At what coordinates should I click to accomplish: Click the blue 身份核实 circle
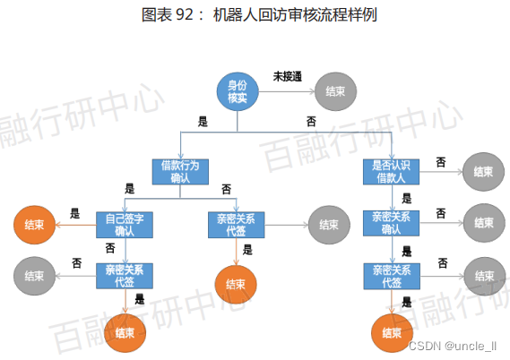[238, 91]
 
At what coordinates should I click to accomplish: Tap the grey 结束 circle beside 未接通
[337, 91]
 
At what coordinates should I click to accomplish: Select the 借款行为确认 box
[180, 170]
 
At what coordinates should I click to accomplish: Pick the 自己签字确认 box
[125, 223]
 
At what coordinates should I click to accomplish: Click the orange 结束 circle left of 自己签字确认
[35, 223]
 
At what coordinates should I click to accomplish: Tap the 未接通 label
[287, 77]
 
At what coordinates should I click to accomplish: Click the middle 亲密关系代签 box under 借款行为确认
[235, 223]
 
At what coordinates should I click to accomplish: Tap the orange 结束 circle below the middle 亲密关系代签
[236, 284]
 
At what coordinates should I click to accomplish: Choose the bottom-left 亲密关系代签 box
[125, 275]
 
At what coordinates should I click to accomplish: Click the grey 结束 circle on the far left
[35, 275]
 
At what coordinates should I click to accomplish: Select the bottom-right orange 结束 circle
[393, 332]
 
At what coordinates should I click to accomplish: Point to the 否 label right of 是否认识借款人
[441, 162]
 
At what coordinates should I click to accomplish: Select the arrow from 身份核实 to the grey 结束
[286, 91]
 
